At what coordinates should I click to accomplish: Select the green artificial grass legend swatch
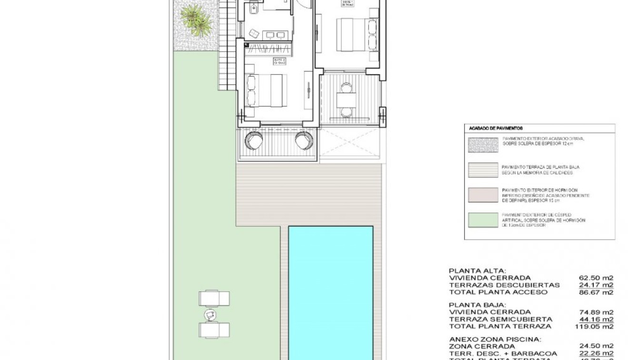coord(483,220)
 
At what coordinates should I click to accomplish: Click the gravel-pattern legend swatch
coord(483,144)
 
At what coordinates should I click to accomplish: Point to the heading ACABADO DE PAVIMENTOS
coord(496,129)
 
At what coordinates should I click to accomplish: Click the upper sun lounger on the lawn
coord(214,299)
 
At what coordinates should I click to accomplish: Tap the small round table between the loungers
coord(210,314)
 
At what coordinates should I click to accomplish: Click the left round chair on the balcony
coord(253,140)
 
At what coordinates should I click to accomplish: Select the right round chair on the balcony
coord(304,140)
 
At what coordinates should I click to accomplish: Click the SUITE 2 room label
coord(279,61)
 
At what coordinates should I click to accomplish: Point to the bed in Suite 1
coord(353,34)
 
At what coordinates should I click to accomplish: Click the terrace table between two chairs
coord(346,100)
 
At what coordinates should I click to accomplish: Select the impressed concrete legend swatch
coord(483,195)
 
